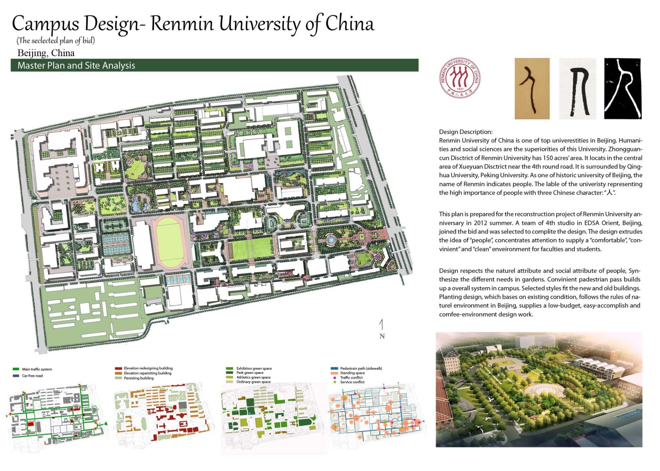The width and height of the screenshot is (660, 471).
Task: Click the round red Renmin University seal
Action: click(460, 78)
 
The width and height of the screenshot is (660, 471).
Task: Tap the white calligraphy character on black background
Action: click(623, 89)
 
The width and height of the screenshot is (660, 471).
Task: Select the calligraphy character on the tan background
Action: click(532, 89)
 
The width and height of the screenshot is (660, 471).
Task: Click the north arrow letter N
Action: click(382, 336)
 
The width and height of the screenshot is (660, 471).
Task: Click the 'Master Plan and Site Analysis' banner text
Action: click(76, 66)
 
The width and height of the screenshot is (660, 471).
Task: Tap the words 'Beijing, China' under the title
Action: click(46, 53)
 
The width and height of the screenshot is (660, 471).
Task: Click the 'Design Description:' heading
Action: click(466, 132)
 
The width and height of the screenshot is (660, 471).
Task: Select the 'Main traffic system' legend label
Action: click(37, 369)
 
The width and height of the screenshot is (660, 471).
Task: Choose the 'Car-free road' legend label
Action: click(32, 376)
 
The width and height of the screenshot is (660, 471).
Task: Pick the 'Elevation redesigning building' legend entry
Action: click(148, 368)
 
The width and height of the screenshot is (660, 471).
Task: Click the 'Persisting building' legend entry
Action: click(139, 378)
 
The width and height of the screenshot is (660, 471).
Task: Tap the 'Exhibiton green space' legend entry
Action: click(254, 368)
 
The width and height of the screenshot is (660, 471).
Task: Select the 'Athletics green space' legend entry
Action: click(253, 377)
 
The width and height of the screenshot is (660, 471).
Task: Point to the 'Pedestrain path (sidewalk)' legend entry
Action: click(361, 368)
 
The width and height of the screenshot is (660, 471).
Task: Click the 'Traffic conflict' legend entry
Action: click(352, 378)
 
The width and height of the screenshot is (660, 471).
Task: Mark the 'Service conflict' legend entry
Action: click(352, 382)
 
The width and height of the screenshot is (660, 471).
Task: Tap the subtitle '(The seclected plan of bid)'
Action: click(56, 41)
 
